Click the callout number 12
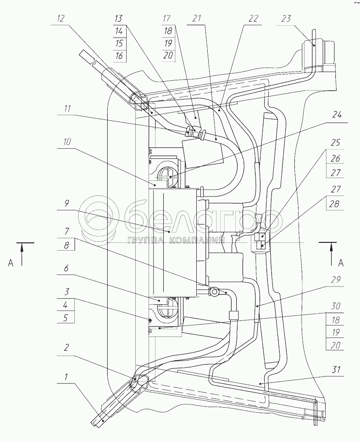[x=61, y=19]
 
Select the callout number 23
[x=286, y=19]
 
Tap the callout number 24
[x=337, y=115]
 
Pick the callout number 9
[x=66, y=203]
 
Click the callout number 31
[x=336, y=369]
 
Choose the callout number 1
[x=66, y=376]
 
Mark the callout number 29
[x=336, y=280]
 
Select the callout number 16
[x=120, y=56]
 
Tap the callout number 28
[x=335, y=203]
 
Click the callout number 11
[x=67, y=108]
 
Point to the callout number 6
[x=66, y=267]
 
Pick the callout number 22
[x=253, y=19]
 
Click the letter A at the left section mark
[x=11, y=263]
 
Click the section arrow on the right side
[x=332, y=254]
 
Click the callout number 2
[x=66, y=348]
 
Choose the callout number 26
[x=336, y=158]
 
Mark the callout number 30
[x=336, y=306]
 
